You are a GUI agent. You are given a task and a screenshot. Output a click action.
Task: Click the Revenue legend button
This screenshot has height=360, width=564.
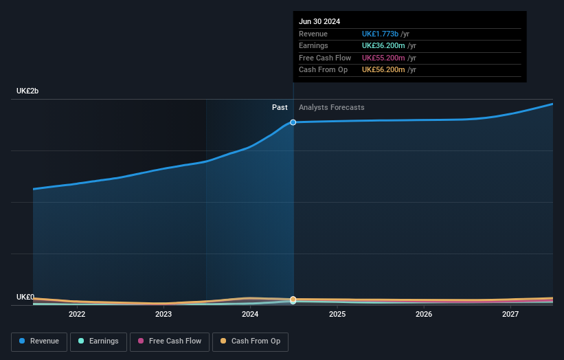(39, 341)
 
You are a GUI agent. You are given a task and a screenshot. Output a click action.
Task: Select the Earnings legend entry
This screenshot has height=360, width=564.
(98, 341)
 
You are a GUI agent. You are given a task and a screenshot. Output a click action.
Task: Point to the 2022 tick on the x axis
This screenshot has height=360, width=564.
(77, 314)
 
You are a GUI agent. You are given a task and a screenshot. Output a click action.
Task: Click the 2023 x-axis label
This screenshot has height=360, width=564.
(163, 314)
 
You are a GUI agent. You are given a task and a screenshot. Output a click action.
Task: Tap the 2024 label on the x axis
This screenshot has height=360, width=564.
(250, 314)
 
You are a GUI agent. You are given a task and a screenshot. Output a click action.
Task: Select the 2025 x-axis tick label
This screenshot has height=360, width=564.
(337, 314)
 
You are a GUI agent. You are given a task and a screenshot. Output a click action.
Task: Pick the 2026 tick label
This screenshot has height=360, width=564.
(424, 314)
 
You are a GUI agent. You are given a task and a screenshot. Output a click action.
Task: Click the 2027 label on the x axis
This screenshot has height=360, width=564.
(510, 314)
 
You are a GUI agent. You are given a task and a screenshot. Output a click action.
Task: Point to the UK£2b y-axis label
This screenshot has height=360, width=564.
(28, 91)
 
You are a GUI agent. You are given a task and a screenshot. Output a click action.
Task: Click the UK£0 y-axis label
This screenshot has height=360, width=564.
(25, 297)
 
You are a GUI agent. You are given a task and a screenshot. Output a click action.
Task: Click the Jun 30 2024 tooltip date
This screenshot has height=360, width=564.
(319, 21)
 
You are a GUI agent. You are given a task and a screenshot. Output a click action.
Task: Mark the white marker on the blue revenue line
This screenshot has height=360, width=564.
(293, 122)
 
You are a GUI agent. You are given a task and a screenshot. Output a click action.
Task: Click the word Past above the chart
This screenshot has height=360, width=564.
(280, 107)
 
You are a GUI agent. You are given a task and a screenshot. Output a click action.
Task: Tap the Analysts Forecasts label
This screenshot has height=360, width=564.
(331, 107)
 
